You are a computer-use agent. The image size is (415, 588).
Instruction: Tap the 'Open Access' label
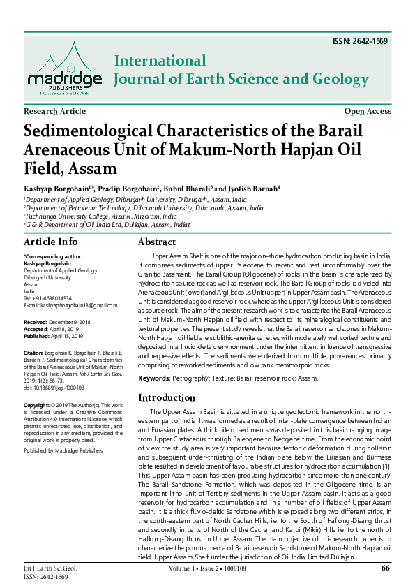click(368, 112)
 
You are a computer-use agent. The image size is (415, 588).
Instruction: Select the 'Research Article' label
click(55, 112)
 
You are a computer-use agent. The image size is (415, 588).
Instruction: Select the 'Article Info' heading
click(51, 242)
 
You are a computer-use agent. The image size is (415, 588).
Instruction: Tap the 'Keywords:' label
click(154, 378)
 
